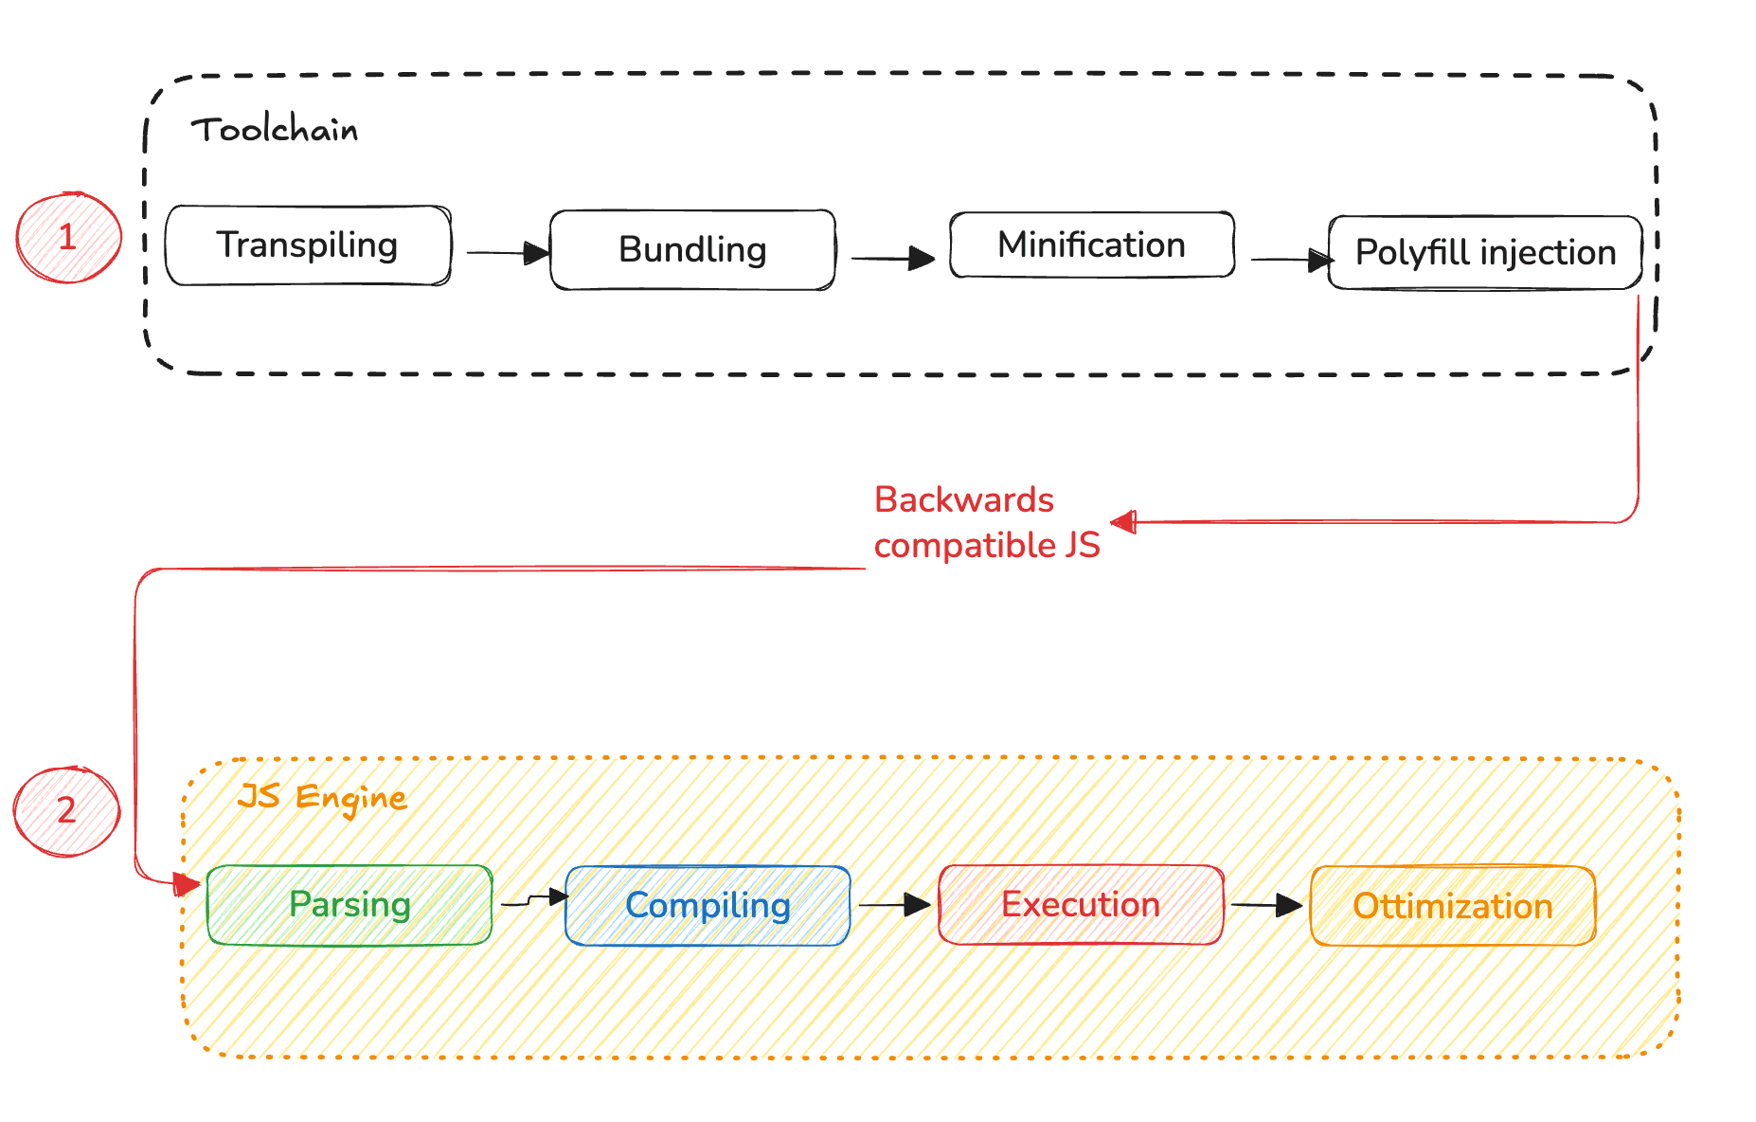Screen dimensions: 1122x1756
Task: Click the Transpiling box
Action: (308, 245)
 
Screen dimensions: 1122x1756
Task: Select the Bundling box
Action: (692, 250)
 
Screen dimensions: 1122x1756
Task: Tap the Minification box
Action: (1091, 245)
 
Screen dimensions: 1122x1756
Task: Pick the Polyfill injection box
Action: (1484, 253)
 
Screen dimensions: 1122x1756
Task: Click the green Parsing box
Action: (349, 905)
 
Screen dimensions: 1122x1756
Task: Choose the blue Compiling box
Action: (708, 906)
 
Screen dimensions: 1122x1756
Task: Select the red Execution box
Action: (1080, 905)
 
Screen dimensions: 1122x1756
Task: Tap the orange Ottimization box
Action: (1452, 906)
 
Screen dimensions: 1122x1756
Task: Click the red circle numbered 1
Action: (68, 237)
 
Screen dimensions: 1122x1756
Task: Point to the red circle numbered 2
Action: (66, 811)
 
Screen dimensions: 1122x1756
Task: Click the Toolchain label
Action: (275, 130)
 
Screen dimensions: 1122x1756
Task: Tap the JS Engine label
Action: (322, 797)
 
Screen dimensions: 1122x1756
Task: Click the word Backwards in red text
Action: (963, 500)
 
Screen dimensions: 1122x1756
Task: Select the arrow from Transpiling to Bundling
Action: (508, 253)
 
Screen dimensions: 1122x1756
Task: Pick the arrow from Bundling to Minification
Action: (892, 258)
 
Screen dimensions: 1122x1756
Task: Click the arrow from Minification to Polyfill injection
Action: (1291, 259)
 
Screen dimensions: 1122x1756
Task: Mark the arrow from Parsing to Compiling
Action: (534, 899)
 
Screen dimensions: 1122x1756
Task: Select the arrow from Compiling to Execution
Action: (893, 905)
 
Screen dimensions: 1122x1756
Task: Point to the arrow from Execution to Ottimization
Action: (1266, 905)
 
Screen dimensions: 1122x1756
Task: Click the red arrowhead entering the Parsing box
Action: (187, 885)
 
